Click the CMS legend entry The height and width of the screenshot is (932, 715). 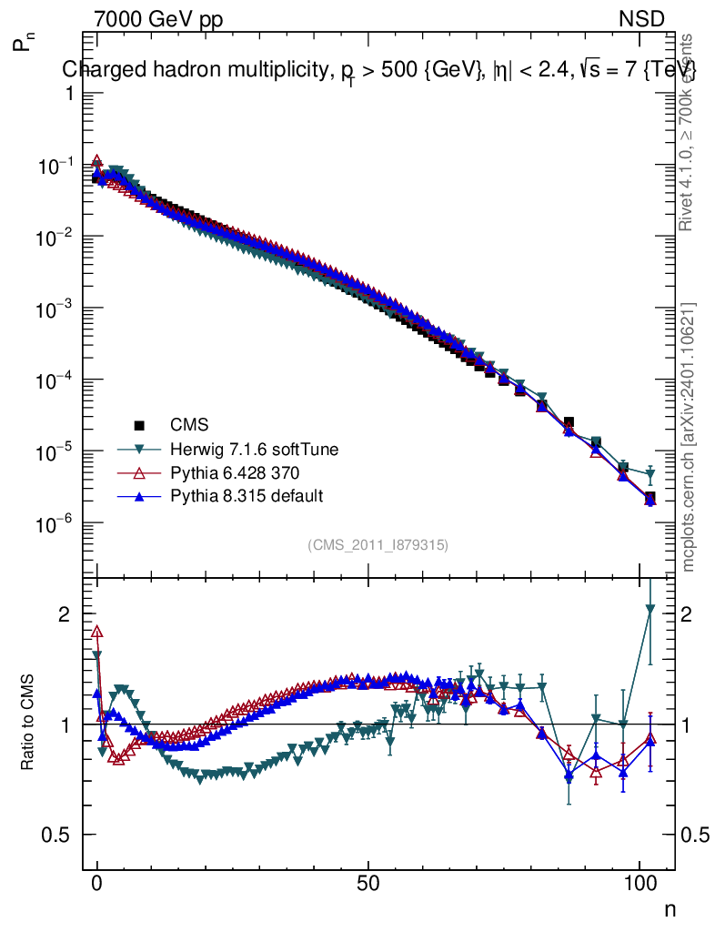pos(189,424)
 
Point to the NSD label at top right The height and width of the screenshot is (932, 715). pos(642,18)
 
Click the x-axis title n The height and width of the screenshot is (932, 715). pos(669,908)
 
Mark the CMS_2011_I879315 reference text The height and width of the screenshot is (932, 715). pos(378,544)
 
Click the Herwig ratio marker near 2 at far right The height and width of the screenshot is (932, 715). pos(650,609)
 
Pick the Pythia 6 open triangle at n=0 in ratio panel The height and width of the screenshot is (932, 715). pos(97,632)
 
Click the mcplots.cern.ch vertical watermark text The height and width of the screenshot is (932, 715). pos(690,437)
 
